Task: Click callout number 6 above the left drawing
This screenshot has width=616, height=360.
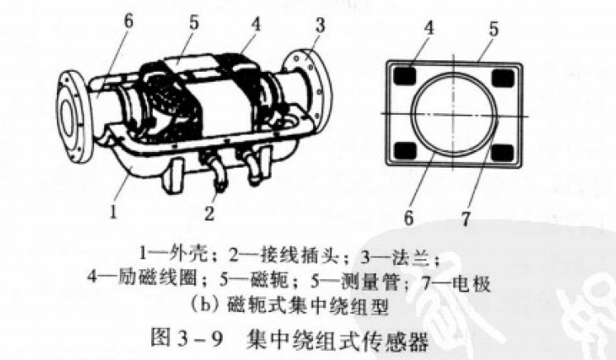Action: (x=128, y=21)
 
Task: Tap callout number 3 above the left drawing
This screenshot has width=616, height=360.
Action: (x=320, y=25)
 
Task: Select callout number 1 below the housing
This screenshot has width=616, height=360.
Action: (x=113, y=212)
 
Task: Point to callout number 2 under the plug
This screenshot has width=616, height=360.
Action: (x=209, y=213)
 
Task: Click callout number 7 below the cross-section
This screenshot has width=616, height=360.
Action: (x=466, y=219)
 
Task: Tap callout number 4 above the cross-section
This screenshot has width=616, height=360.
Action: (x=429, y=28)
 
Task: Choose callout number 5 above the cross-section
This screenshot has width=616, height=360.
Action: (x=493, y=29)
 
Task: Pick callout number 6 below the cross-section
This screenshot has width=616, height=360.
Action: (x=409, y=218)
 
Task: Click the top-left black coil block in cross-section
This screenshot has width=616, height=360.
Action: (x=405, y=76)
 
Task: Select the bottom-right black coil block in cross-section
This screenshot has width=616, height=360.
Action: (x=503, y=153)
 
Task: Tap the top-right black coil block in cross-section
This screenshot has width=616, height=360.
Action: (x=503, y=78)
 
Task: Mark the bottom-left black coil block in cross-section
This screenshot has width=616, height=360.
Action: (x=405, y=150)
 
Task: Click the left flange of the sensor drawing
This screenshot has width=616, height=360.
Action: (x=75, y=116)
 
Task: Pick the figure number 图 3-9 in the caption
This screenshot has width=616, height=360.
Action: (x=187, y=338)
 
